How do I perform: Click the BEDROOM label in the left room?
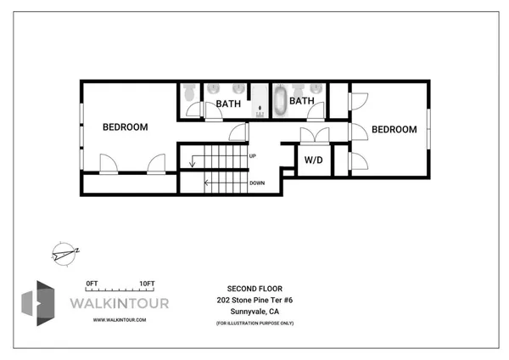tap(125, 127)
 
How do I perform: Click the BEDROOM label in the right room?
tap(394, 129)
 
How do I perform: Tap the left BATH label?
tap(227, 104)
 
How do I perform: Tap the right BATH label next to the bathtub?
tap(302, 101)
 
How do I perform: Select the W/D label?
tap(313, 160)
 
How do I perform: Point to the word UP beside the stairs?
tap(253, 155)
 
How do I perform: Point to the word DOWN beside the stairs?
tap(257, 183)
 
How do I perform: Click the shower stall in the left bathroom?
tap(259, 100)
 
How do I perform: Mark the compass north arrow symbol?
tap(64, 252)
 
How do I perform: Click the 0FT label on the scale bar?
tap(92, 283)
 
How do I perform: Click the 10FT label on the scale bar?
tap(147, 283)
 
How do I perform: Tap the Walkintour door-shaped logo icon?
tap(37, 301)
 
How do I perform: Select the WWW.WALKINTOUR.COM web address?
tap(120, 320)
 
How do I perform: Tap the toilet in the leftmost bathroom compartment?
tap(188, 89)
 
